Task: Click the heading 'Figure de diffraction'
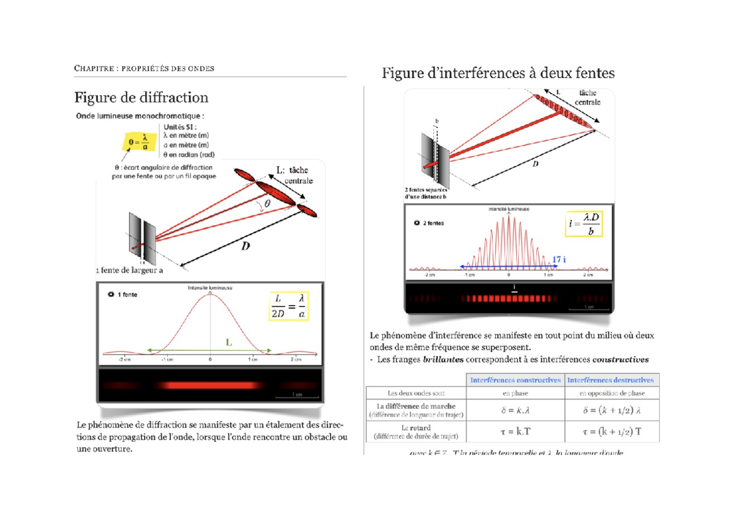[x=141, y=98]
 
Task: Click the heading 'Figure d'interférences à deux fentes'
[x=498, y=74]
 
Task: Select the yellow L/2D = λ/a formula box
[x=289, y=306]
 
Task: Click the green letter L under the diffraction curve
[x=229, y=343]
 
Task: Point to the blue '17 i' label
[x=559, y=260]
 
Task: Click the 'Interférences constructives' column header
[x=515, y=380]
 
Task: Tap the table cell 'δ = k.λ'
[x=515, y=411]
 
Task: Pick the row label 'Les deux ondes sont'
[x=416, y=393]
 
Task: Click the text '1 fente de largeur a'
[x=129, y=271]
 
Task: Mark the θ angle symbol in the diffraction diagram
[x=268, y=205]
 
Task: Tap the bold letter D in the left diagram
[x=245, y=246]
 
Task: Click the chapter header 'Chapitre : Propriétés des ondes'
[x=144, y=68]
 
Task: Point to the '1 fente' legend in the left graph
[x=126, y=294]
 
